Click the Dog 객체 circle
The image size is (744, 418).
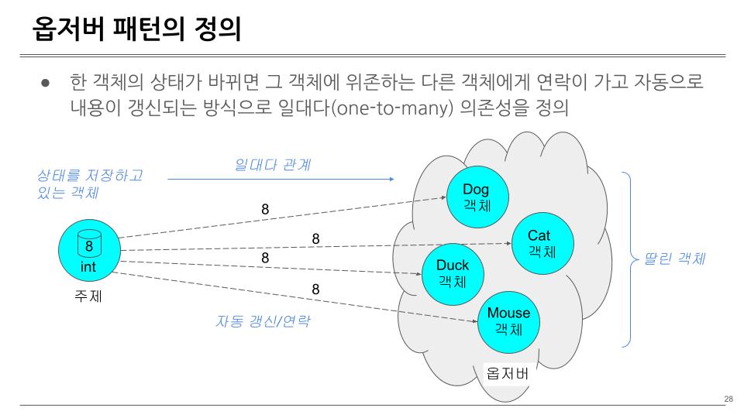(x=476, y=197)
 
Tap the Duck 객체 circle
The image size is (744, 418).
(x=452, y=273)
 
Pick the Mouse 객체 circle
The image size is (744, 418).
(x=508, y=320)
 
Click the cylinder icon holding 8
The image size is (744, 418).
(x=89, y=245)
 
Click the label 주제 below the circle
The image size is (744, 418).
(x=88, y=296)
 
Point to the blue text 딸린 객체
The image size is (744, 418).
(x=674, y=259)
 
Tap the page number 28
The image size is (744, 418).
(x=728, y=399)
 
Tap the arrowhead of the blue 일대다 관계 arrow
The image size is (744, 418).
(x=391, y=179)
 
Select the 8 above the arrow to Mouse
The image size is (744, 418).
(x=315, y=289)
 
